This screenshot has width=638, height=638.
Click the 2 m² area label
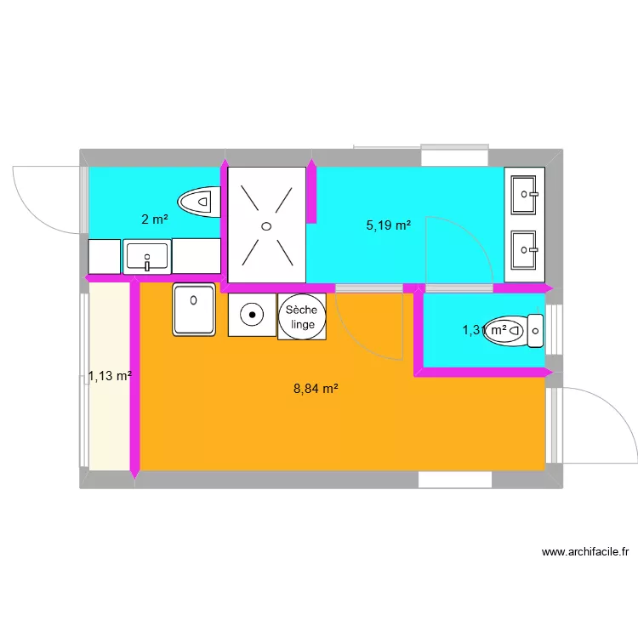[154, 219]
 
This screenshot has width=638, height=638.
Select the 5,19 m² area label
[389, 226]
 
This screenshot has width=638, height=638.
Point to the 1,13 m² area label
[110, 375]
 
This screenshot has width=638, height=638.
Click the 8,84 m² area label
[316, 389]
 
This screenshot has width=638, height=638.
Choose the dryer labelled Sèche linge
[302, 316]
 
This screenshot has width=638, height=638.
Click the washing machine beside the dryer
[252, 316]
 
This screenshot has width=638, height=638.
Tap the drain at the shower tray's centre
[267, 225]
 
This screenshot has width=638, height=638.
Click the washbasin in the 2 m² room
[147, 255]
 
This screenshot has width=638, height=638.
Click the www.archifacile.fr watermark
[585, 552]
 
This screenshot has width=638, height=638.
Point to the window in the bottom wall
[455, 480]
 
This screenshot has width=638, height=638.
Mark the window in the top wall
[455, 157]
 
